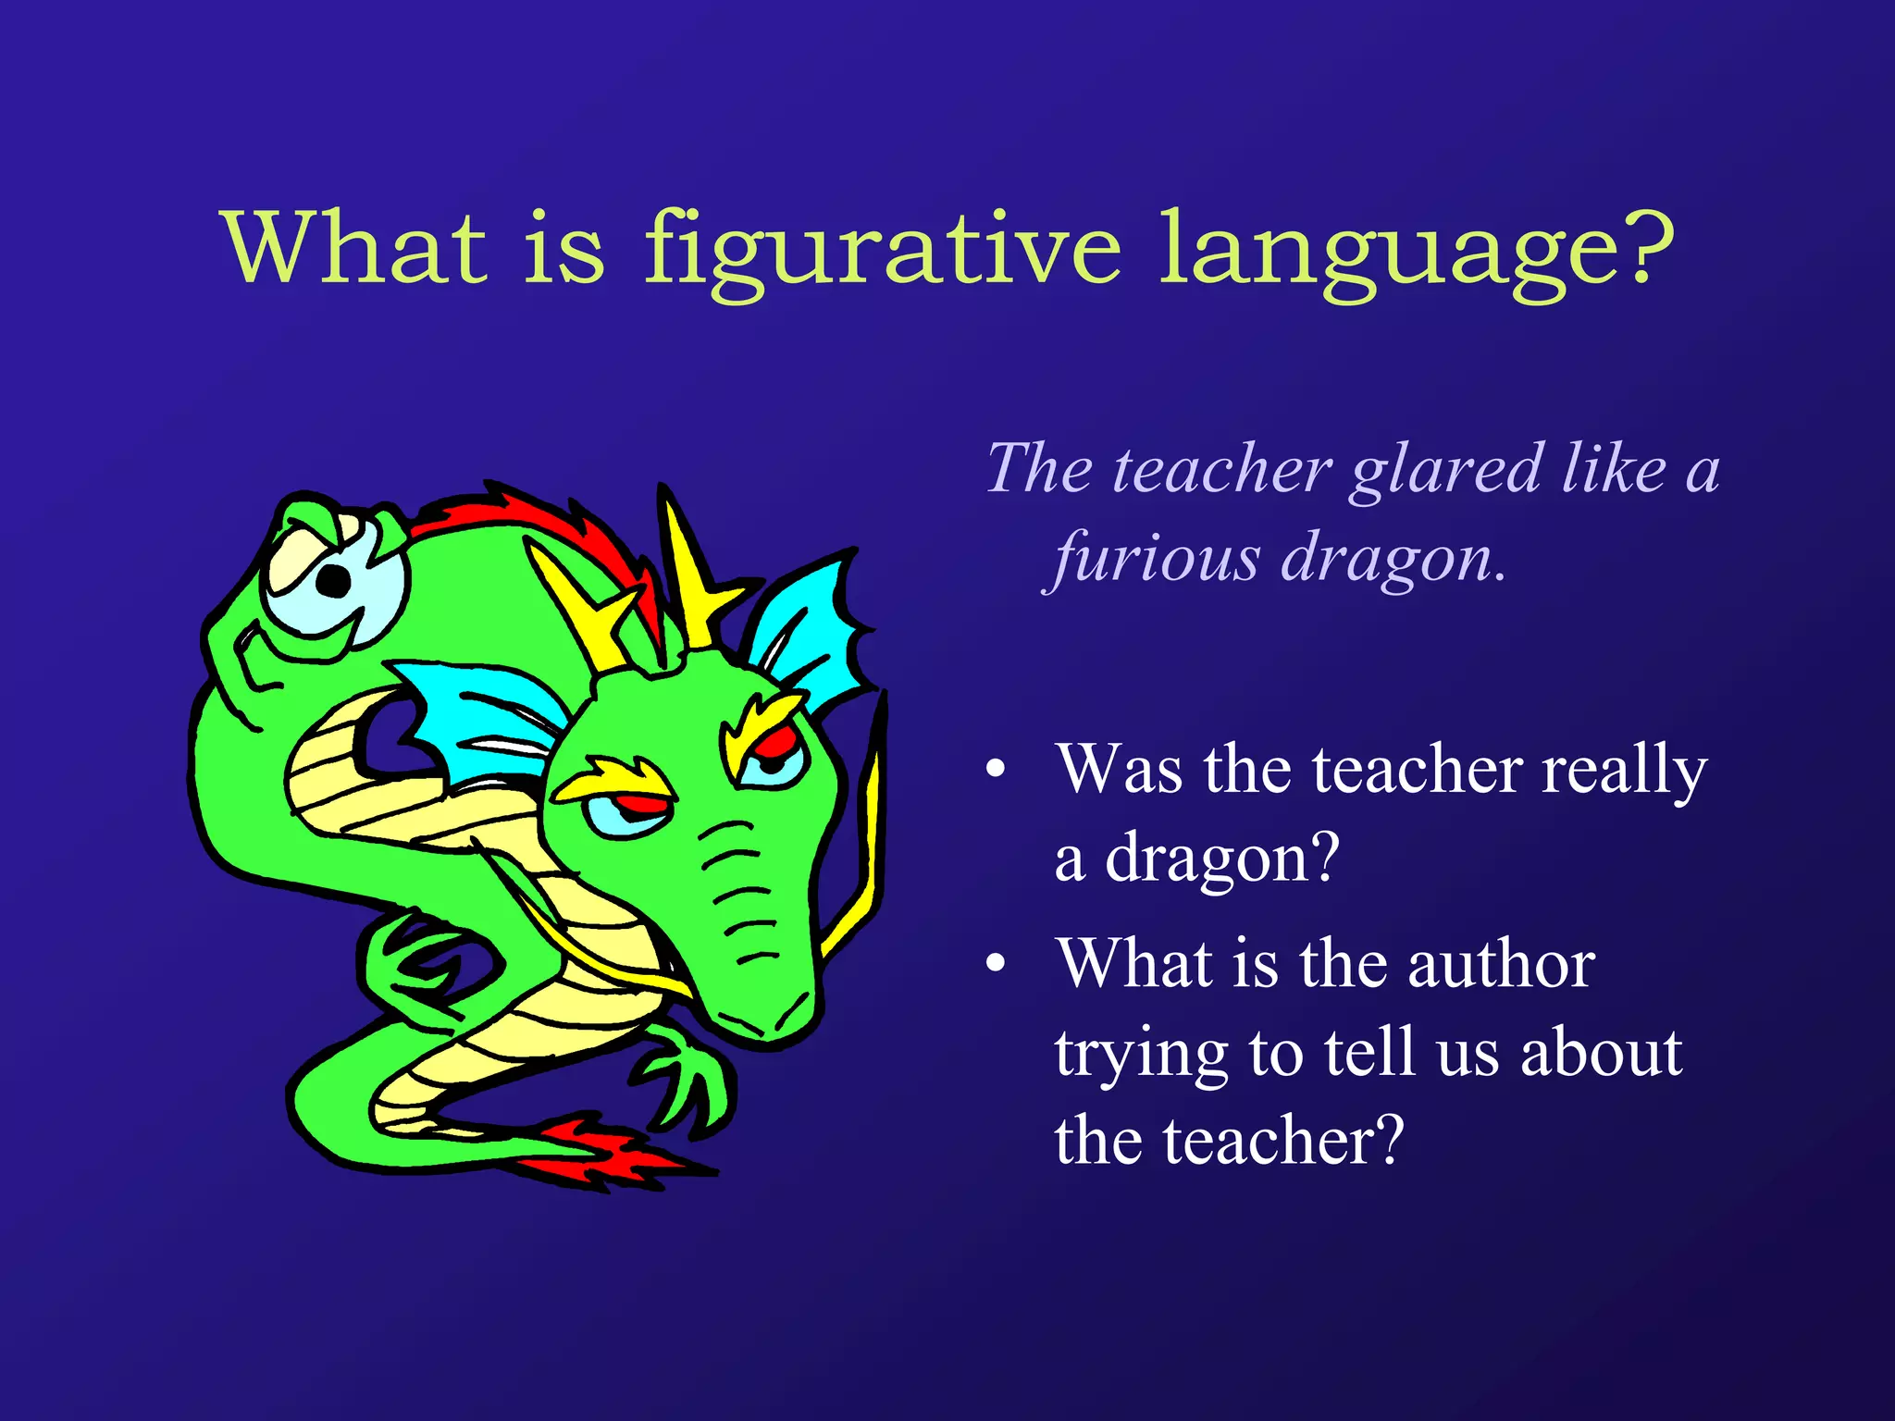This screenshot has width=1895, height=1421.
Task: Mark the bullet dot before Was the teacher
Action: [996, 770]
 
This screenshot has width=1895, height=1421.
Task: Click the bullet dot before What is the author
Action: [996, 964]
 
